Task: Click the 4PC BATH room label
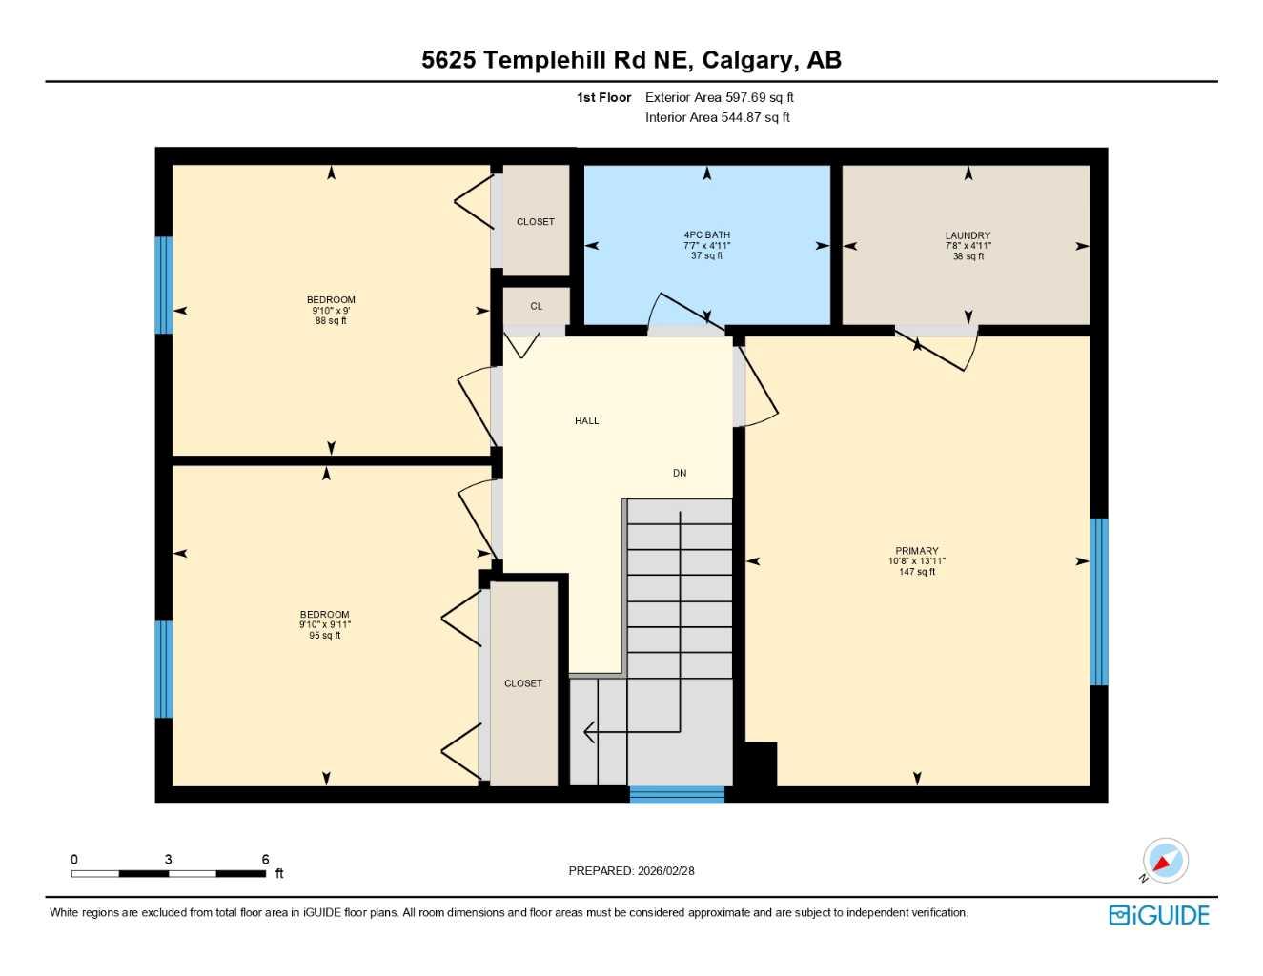click(706, 234)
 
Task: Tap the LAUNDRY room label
click(968, 235)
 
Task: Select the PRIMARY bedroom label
click(916, 551)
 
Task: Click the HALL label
click(587, 420)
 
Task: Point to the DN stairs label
click(680, 473)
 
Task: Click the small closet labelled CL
click(537, 306)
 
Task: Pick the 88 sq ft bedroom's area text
click(331, 321)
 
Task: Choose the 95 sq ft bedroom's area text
click(324, 636)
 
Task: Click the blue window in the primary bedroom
click(1099, 601)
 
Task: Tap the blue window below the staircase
click(677, 794)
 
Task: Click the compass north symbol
click(1164, 862)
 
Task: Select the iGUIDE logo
click(1159, 915)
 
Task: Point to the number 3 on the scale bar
click(169, 860)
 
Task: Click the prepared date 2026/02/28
click(666, 870)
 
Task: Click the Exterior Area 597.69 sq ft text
click(719, 97)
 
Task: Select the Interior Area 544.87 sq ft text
click(717, 117)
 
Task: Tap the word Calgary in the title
click(747, 60)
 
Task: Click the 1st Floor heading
click(603, 97)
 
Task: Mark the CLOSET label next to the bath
click(535, 222)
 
